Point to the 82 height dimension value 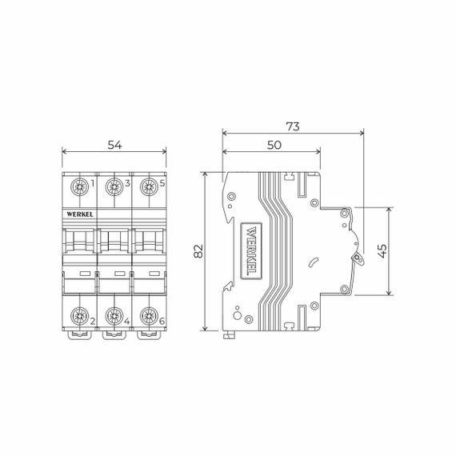[196, 252]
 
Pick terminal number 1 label [94, 184]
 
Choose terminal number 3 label [127, 184]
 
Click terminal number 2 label [94, 322]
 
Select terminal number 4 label [127, 322]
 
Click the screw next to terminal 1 [80, 188]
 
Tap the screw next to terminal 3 [114, 188]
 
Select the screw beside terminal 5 [147, 188]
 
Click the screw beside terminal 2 [80, 316]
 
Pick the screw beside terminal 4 [114, 316]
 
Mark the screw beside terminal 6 [147, 316]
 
